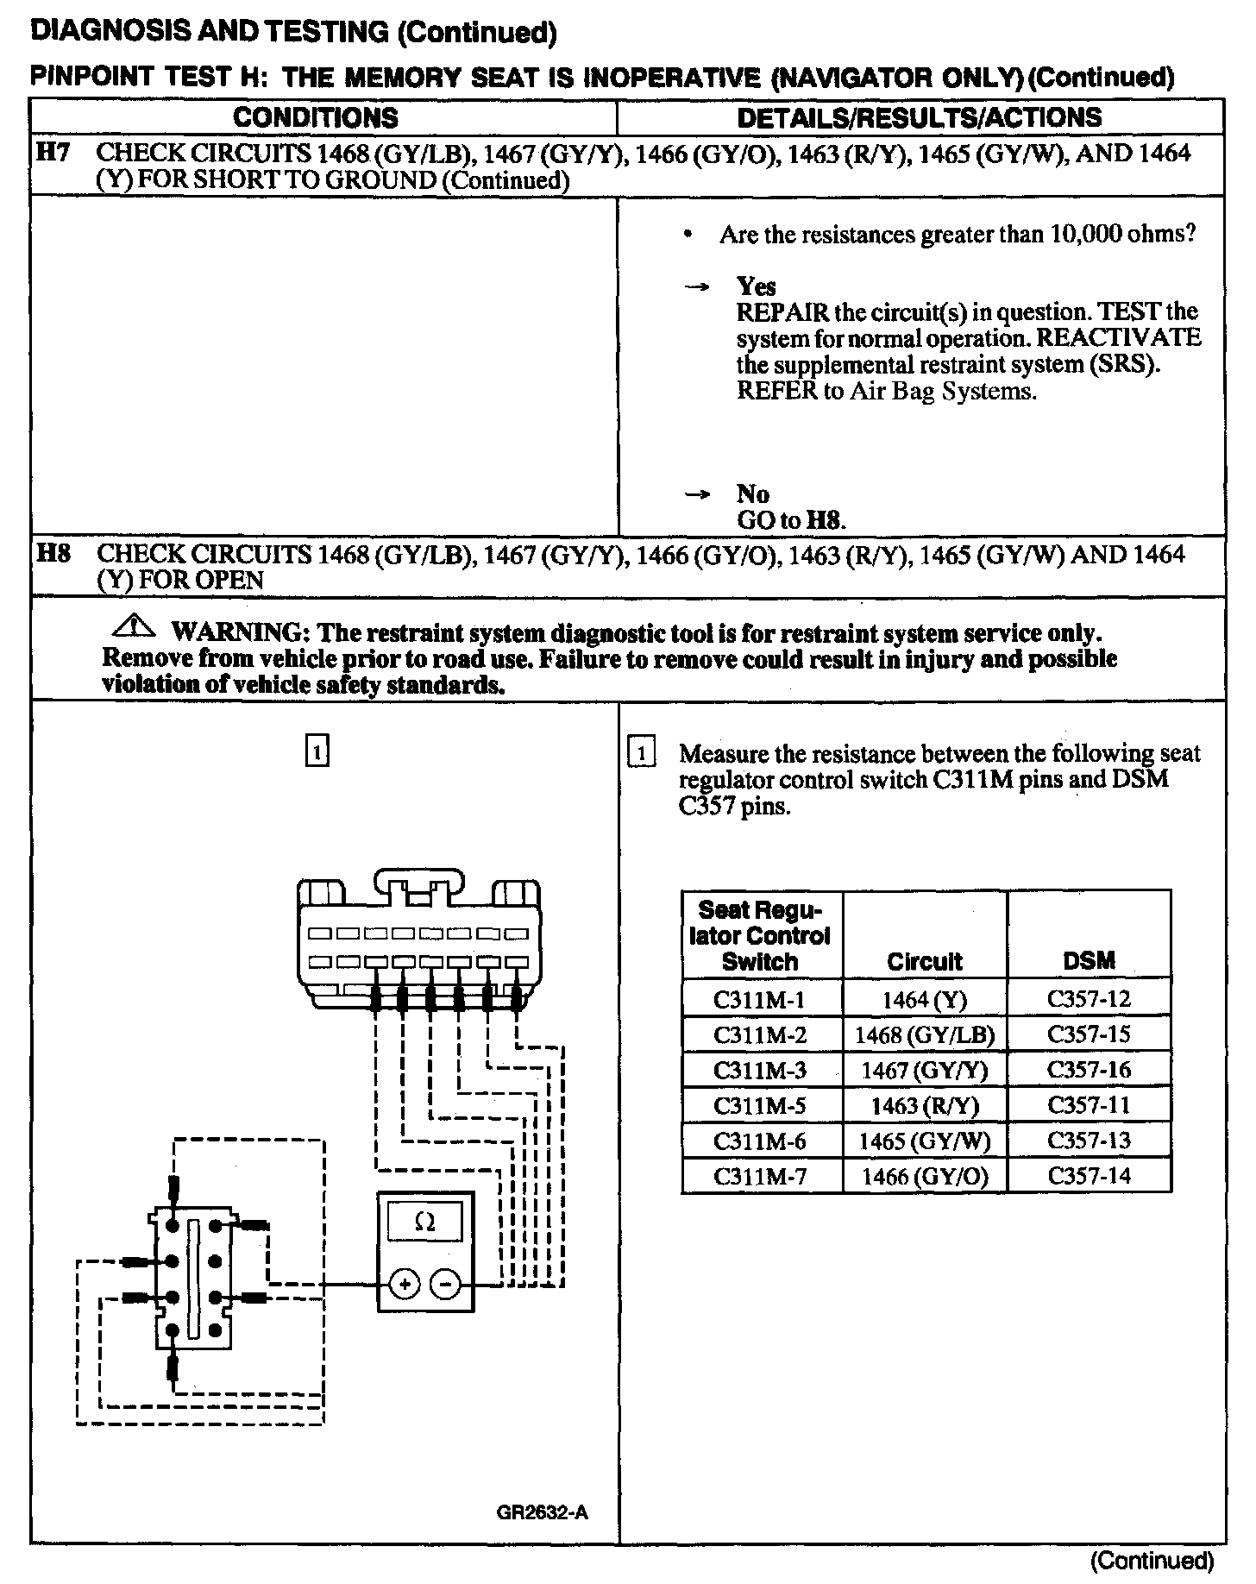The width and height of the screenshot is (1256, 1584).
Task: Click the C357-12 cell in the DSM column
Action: point(1089,999)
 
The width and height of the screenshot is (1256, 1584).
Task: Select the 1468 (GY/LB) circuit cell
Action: point(925,1035)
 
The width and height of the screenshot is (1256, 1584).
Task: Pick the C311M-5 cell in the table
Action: point(760,1106)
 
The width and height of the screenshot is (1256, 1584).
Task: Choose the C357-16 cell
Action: point(1089,1071)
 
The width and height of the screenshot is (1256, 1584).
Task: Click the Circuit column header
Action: point(925,961)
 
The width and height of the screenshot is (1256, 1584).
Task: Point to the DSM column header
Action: point(1090,961)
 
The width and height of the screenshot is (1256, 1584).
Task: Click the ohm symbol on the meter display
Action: point(424,1222)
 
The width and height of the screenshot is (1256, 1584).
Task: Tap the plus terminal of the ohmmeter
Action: point(404,1285)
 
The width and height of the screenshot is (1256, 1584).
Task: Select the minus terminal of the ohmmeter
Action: point(445,1285)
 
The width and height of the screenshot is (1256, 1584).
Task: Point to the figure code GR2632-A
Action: point(543,1512)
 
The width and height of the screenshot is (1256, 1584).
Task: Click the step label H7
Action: point(52,153)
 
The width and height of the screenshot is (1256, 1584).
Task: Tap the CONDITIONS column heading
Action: point(316,117)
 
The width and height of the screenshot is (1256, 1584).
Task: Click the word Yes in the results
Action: point(756,286)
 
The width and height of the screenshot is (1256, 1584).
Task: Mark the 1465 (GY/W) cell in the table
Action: point(925,1141)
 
